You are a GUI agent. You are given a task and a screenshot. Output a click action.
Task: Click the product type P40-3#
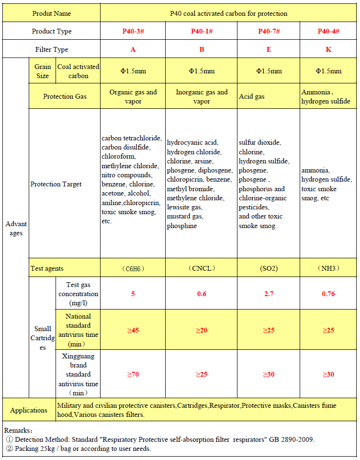[x=133, y=31]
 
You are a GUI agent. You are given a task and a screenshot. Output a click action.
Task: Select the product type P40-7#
[x=269, y=31]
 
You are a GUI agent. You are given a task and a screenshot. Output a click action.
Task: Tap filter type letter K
[x=328, y=49]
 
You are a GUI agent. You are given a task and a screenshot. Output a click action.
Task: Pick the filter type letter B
[x=202, y=49]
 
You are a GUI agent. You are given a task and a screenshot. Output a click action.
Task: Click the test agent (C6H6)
[x=133, y=268]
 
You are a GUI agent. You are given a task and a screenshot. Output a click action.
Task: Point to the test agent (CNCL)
[x=202, y=268]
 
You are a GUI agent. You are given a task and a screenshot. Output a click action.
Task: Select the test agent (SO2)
[x=269, y=268]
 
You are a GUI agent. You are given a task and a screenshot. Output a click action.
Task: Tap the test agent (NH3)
[x=328, y=268]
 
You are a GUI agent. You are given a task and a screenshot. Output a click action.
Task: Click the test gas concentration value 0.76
[x=328, y=294]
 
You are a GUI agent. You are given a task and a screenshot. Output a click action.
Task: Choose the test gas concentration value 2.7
[x=269, y=294]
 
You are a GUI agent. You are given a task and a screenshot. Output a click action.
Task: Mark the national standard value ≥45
[x=133, y=330]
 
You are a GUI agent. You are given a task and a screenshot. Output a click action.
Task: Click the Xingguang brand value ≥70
[x=133, y=374]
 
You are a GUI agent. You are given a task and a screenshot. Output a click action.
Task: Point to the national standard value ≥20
[x=202, y=330]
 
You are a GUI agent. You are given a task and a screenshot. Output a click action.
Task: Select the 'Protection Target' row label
[x=56, y=184]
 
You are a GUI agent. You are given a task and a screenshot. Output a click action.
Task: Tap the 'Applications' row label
[x=29, y=410]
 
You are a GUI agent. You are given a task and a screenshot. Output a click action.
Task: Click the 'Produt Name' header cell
[x=52, y=13]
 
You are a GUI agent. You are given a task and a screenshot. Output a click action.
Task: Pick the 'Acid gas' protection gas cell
[x=252, y=97]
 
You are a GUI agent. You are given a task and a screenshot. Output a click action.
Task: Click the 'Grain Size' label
[x=43, y=71]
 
